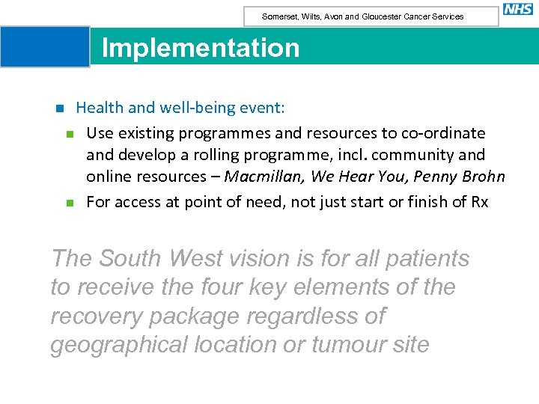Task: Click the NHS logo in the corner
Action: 518,10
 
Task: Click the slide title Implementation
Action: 200,48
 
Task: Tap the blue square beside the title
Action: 45,46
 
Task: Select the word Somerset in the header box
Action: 278,16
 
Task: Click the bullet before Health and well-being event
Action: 60,108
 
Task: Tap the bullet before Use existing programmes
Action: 69,135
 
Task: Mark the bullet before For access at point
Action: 69,203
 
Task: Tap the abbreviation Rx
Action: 478,202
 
